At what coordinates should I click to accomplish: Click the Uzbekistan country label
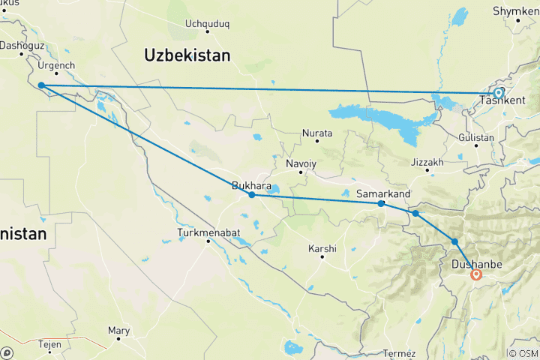tap(187, 55)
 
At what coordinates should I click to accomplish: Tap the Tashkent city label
tap(502, 100)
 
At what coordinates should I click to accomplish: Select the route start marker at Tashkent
tap(498, 93)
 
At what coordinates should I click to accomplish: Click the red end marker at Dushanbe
tap(475, 274)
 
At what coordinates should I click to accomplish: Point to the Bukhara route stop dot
tap(252, 195)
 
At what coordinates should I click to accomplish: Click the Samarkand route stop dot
tap(381, 203)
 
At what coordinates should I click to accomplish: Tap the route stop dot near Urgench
tap(41, 85)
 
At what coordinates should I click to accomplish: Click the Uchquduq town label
tap(206, 23)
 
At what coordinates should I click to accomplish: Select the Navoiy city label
tap(301, 163)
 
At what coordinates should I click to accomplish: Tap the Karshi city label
tap(322, 248)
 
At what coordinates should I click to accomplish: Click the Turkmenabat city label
tap(208, 232)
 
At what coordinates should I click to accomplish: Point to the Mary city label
tap(118, 330)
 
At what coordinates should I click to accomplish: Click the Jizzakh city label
tap(427, 162)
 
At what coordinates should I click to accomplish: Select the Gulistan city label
tap(476, 138)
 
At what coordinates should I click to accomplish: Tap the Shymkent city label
tap(514, 11)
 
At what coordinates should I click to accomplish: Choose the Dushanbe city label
tap(475, 265)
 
